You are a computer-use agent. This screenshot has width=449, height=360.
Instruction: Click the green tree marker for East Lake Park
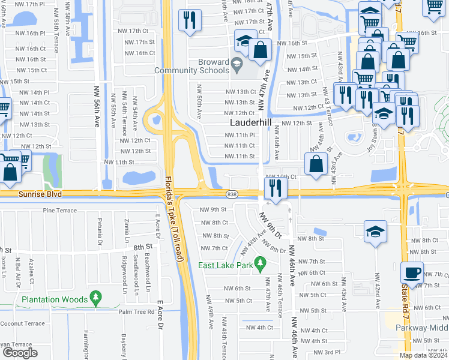[x=260, y=263]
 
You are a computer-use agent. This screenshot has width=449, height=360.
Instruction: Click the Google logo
[x=20, y=353]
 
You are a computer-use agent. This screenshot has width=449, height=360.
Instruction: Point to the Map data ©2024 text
[x=423, y=355]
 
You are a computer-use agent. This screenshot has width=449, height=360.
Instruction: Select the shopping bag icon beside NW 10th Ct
[x=316, y=164]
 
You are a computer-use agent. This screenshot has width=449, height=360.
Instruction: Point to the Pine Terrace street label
[x=61, y=211]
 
